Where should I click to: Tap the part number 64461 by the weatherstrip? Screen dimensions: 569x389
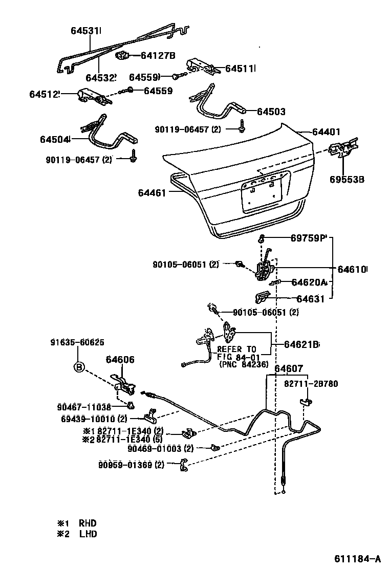[x=152, y=192]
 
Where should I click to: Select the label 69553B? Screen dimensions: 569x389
[x=347, y=179]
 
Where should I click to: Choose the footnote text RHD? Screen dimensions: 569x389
[x=87, y=523]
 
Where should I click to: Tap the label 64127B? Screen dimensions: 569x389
[x=158, y=56]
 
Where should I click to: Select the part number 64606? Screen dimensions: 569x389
[x=120, y=360]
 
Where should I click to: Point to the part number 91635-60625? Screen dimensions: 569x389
[x=77, y=342]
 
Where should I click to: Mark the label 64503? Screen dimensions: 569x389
[x=271, y=112]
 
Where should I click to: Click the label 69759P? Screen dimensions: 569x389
[x=308, y=238]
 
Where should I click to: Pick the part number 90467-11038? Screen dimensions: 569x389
[x=84, y=407]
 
